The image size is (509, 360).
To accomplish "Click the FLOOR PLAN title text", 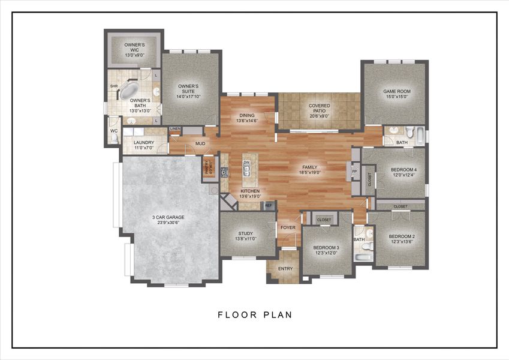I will (254, 314).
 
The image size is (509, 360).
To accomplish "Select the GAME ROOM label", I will (395, 91).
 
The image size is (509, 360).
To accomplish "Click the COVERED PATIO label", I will (320, 106).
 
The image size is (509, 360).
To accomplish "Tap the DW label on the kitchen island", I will (246, 163).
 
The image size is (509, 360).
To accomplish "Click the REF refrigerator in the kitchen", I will (268, 205).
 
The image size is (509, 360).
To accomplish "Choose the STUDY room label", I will (246, 233).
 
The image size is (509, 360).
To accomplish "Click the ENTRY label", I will (285, 269).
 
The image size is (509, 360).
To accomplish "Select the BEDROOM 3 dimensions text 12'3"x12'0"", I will (326, 253).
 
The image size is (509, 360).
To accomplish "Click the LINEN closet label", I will (175, 129).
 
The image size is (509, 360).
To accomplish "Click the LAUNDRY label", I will (144, 143).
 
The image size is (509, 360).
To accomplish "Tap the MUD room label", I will (200, 144).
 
